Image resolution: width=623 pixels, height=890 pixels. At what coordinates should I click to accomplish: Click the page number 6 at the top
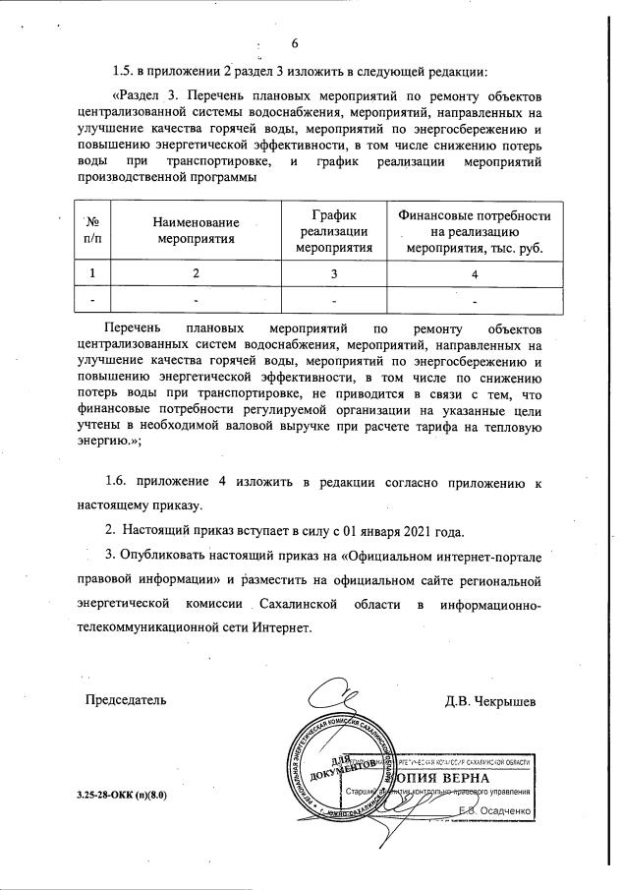coord(295,42)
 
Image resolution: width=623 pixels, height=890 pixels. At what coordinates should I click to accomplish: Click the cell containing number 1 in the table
coord(93,272)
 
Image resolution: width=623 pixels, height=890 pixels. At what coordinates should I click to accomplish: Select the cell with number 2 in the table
coord(196,272)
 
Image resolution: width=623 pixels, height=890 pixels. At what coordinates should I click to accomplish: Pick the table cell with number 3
coord(333,272)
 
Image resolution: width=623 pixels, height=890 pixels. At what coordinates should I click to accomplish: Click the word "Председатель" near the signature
coord(125,701)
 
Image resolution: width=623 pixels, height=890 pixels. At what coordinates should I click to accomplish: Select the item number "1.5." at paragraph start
coord(127,70)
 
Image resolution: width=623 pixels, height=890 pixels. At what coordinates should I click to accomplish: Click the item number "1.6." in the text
coord(120,481)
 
